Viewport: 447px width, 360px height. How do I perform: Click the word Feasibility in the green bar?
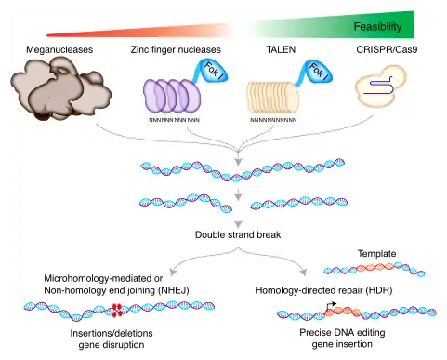coord(377,27)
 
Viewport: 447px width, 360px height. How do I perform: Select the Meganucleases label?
coord(59,49)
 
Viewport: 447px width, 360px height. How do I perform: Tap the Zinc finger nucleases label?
coord(176,49)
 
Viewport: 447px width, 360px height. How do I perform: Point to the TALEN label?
coord(281,49)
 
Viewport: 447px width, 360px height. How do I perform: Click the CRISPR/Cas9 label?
coord(387,49)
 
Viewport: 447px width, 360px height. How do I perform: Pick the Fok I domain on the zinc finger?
coord(215,71)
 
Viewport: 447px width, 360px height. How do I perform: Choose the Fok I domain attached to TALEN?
coord(319,71)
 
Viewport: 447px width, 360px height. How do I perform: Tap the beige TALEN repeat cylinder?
coord(272,97)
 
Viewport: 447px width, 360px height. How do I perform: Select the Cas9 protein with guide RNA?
coord(380,87)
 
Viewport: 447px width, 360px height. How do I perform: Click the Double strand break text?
coord(238,234)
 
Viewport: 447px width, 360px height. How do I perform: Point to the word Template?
coord(376,254)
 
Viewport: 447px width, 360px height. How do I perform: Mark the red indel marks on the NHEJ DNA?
coord(117,310)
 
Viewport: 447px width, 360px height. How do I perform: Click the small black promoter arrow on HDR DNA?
coord(331,306)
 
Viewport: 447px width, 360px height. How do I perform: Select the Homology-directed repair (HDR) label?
coord(324,290)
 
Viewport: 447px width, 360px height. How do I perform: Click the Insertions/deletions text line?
coord(112,333)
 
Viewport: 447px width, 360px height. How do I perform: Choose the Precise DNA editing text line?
coord(342,333)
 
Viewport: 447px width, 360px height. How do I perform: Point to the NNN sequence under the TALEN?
coord(273,120)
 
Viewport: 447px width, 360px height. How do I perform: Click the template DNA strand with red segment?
coord(375,269)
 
